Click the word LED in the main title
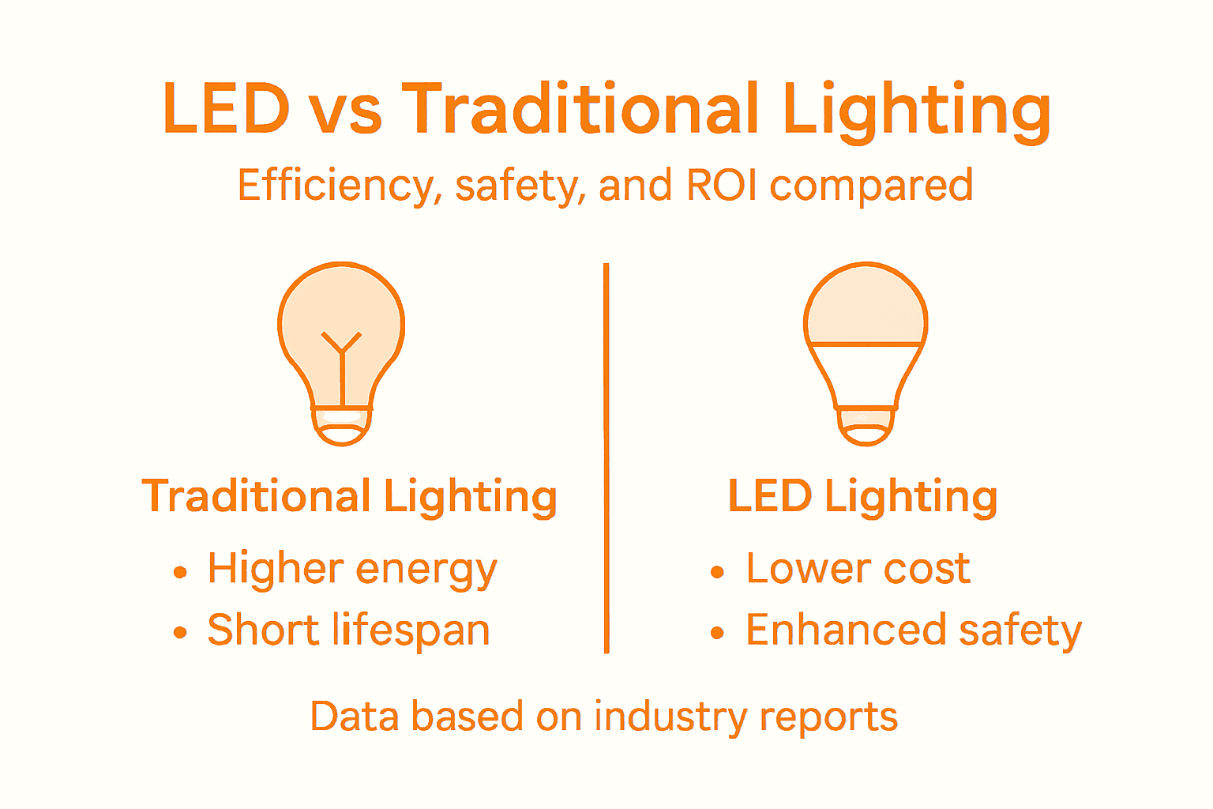[227, 109]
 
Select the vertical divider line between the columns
[606, 458]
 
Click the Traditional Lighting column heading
[350, 497]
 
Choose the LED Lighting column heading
[862, 497]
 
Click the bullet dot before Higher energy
[180, 572]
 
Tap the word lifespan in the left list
[411, 631]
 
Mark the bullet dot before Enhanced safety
[717, 634]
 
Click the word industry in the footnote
[670, 717]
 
